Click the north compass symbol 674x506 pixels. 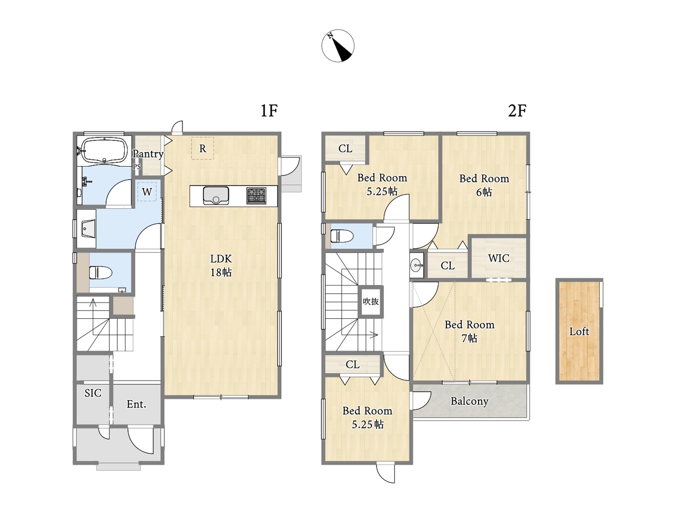click(x=338, y=46)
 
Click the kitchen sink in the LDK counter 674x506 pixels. click(x=215, y=196)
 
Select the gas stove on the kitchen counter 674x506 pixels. click(x=256, y=196)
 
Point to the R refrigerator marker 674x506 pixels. click(x=202, y=149)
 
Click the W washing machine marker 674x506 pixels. click(x=147, y=192)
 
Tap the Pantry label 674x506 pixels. click(x=147, y=153)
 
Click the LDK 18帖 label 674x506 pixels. click(x=221, y=266)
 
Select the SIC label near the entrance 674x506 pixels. click(x=93, y=393)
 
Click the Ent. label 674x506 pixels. click(x=136, y=404)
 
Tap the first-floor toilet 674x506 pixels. click(x=101, y=273)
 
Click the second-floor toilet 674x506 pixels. click(x=342, y=236)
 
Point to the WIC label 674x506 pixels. click(x=499, y=258)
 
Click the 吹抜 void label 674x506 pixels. click(x=371, y=301)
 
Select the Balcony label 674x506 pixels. click(x=470, y=401)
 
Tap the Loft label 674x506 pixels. click(x=579, y=332)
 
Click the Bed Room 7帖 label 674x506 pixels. click(x=470, y=332)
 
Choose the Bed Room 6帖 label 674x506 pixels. click(x=484, y=185)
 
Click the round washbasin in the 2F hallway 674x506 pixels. click(x=417, y=265)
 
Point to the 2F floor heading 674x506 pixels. click(x=518, y=111)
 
